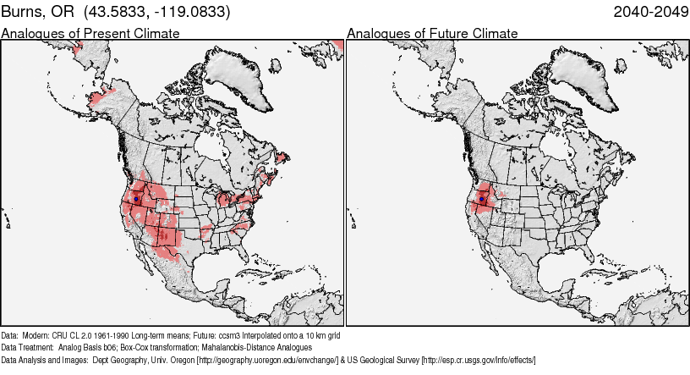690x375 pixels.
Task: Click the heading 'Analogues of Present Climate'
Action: (x=90, y=33)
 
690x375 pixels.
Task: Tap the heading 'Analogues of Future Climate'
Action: (x=432, y=33)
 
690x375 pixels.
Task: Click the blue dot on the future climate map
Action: (x=481, y=199)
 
